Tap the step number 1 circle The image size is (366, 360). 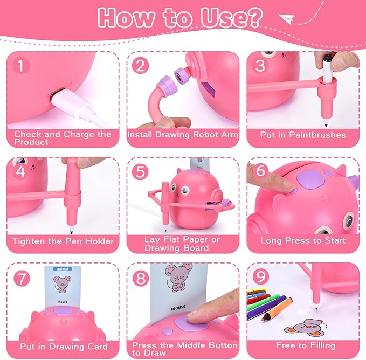[x=20, y=66]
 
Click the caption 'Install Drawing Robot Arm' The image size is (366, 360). [x=183, y=135]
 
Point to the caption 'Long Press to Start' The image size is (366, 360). [x=303, y=241]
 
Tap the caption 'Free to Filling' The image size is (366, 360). [x=305, y=345]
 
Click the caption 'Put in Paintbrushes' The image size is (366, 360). [x=302, y=135]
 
